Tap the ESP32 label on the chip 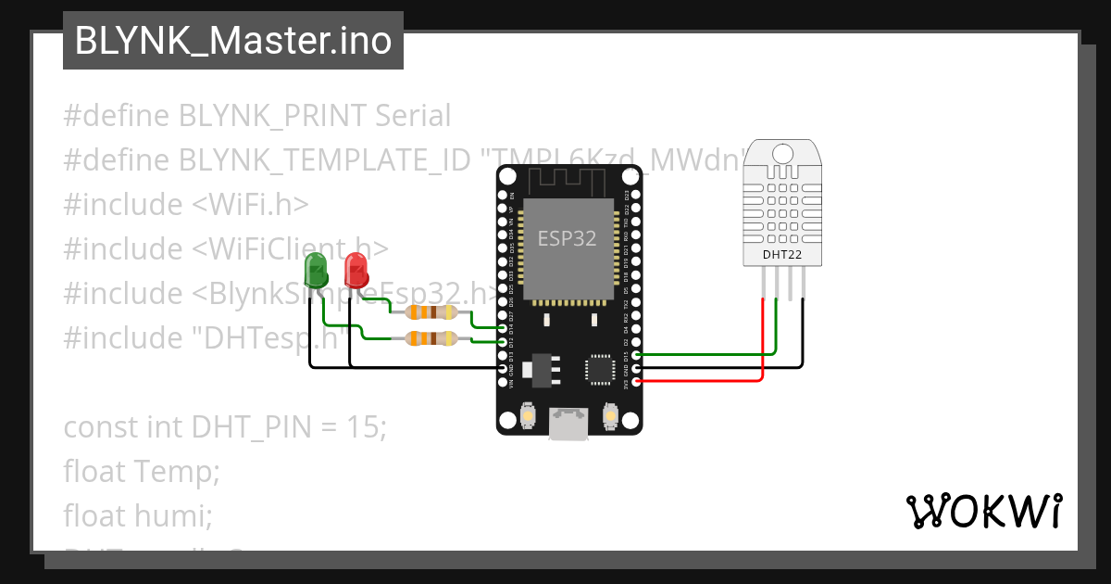568,238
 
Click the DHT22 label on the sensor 782,254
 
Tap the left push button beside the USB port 527,416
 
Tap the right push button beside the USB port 610,416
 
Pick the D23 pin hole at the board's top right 634,197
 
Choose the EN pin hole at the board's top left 504,197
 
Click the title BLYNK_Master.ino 232,42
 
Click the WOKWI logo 983,511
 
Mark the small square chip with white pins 599,369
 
